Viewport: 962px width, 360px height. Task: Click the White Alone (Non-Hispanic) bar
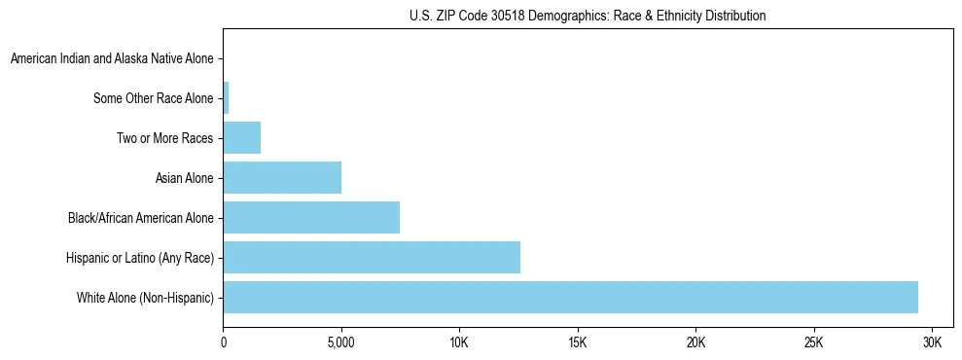[570, 297]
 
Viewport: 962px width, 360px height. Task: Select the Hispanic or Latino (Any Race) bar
[372, 257]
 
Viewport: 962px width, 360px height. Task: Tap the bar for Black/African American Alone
[311, 217]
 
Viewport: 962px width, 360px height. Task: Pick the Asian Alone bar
[282, 177]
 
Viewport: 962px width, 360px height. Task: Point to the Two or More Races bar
[242, 137]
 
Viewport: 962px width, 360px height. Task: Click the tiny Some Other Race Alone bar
[226, 97]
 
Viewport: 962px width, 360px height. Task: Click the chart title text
[588, 16]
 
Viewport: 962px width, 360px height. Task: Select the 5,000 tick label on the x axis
[341, 342]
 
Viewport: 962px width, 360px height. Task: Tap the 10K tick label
[459, 342]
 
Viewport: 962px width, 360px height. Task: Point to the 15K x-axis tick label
[578, 342]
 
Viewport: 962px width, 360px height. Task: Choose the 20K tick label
[695, 342]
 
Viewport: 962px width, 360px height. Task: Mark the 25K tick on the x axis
[814, 342]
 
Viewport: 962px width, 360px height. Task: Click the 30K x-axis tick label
[932, 342]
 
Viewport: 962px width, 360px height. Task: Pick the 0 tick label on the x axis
[224, 342]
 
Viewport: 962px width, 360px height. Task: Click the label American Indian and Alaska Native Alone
[112, 58]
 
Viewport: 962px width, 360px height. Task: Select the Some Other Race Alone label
[153, 98]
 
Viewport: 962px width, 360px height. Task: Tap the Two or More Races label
[164, 138]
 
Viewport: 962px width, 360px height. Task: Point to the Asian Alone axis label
[184, 178]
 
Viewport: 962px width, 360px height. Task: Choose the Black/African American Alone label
[140, 218]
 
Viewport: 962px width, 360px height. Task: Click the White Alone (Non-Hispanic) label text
[145, 298]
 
